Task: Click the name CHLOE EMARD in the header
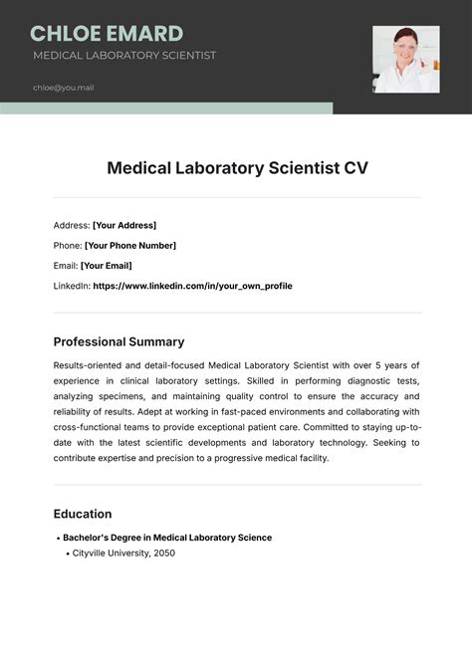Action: pyautogui.click(x=107, y=34)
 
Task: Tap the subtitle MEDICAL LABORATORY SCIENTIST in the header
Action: pyautogui.click(x=124, y=56)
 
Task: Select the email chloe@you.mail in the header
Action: pyautogui.click(x=64, y=88)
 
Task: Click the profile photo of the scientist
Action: pyautogui.click(x=405, y=59)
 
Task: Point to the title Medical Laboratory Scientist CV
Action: pyautogui.click(x=237, y=168)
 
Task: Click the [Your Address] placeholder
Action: pyautogui.click(x=124, y=225)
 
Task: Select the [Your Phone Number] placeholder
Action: pyautogui.click(x=130, y=245)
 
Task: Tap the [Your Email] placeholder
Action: pyautogui.click(x=106, y=266)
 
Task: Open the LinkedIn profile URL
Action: pyautogui.click(x=192, y=286)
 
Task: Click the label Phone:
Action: pyautogui.click(x=68, y=245)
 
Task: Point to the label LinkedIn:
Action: pyautogui.click(x=72, y=286)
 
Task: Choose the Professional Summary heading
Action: pyautogui.click(x=118, y=341)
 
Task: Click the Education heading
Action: pyautogui.click(x=83, y=514)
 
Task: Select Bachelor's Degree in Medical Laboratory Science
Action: pyautogui.click(x=167, y=538)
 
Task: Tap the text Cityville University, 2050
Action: pyautogui.click(x=124, y=553)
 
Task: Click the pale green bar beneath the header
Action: pyautogui.click(x=165, y=108)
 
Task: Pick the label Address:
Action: pyautogui.click(x=72, y=225)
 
